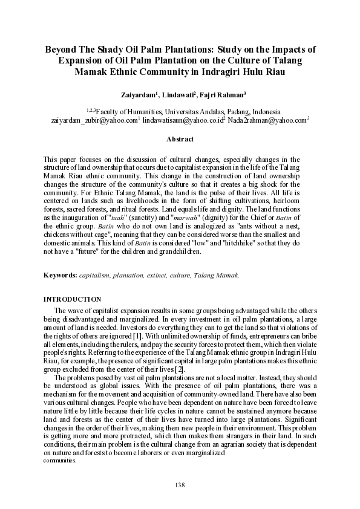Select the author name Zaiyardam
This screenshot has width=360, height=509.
pyautogui.click(x=139, y=95)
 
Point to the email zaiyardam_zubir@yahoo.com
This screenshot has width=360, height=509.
pyautogui.click(x=94, y=120)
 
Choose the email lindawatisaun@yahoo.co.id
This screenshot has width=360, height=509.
pyautogui.click(x=183, y=120)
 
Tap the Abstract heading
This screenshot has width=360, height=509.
pyautogui.click(x=180, y=140)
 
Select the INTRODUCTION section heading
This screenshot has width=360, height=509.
pyautogui.click(x=72, y=299)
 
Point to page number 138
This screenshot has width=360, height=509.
pyautogui.click(x=180, y=485)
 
